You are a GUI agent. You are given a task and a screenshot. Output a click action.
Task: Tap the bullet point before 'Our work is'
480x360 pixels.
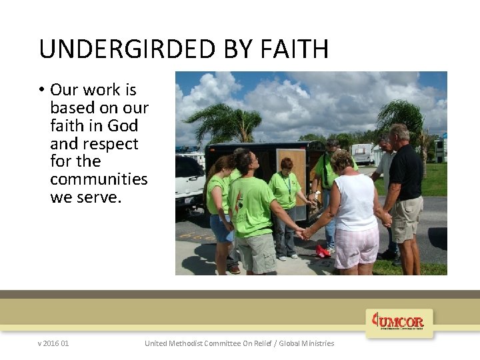pos(41,90)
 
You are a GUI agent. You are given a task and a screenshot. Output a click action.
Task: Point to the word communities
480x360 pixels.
pos(99,179)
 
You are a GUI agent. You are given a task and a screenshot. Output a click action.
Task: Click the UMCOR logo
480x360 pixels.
pos(399,322)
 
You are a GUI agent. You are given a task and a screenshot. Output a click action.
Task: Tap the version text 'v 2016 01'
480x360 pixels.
pos(53,343)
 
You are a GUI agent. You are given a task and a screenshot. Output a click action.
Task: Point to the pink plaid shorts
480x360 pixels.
pos(356,247)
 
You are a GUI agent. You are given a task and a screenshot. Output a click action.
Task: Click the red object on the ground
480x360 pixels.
pos(323,251)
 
